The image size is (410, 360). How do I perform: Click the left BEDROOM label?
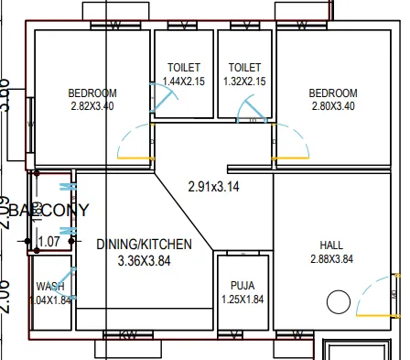point(92,93)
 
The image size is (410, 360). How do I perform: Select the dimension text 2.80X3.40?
point(333,106)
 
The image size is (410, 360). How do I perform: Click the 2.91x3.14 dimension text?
point(212,187)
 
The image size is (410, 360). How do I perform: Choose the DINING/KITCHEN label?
point(144,245)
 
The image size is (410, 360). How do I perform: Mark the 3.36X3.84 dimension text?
point(144,260)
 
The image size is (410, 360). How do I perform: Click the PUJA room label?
point(243,285)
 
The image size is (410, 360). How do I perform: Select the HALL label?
point(331,245)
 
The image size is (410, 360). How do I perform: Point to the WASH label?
point(50,286)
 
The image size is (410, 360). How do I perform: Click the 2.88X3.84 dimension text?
point(331,259)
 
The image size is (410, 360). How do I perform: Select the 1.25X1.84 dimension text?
point(243,299)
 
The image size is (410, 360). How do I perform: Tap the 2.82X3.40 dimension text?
point(92,107)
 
